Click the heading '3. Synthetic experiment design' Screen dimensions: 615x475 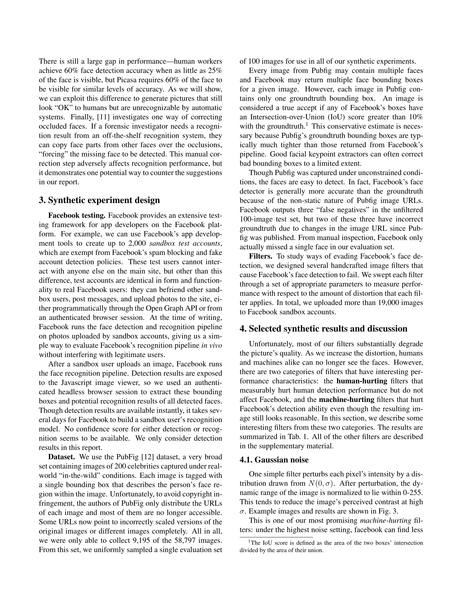[x=99, y=200]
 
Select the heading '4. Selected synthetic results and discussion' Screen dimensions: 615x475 [x=323, y=329]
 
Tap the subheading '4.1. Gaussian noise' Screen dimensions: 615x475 [x=274, y=460]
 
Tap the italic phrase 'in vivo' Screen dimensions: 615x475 [x=212, y=346]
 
